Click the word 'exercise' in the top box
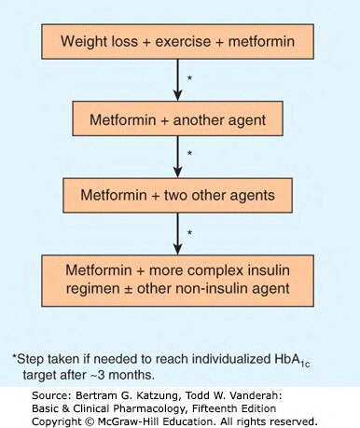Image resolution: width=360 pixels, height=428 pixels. pos(183,42)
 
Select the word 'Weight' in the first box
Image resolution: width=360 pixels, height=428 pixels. pos(80,42)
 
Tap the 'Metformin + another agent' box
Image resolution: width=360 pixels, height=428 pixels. pos(178,118)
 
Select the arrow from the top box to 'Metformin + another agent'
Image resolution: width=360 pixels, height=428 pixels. pos(177,80)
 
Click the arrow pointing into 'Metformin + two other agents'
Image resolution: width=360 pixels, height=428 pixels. pos(177,157)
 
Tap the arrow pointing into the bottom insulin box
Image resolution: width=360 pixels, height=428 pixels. pos(177,234)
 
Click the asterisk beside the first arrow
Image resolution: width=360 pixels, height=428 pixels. pos(189,78)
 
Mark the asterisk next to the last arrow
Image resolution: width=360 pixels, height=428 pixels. pos(189,232)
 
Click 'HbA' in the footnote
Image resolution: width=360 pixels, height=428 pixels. pos(287,359)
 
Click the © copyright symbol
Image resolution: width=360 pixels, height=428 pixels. pos(90,421)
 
